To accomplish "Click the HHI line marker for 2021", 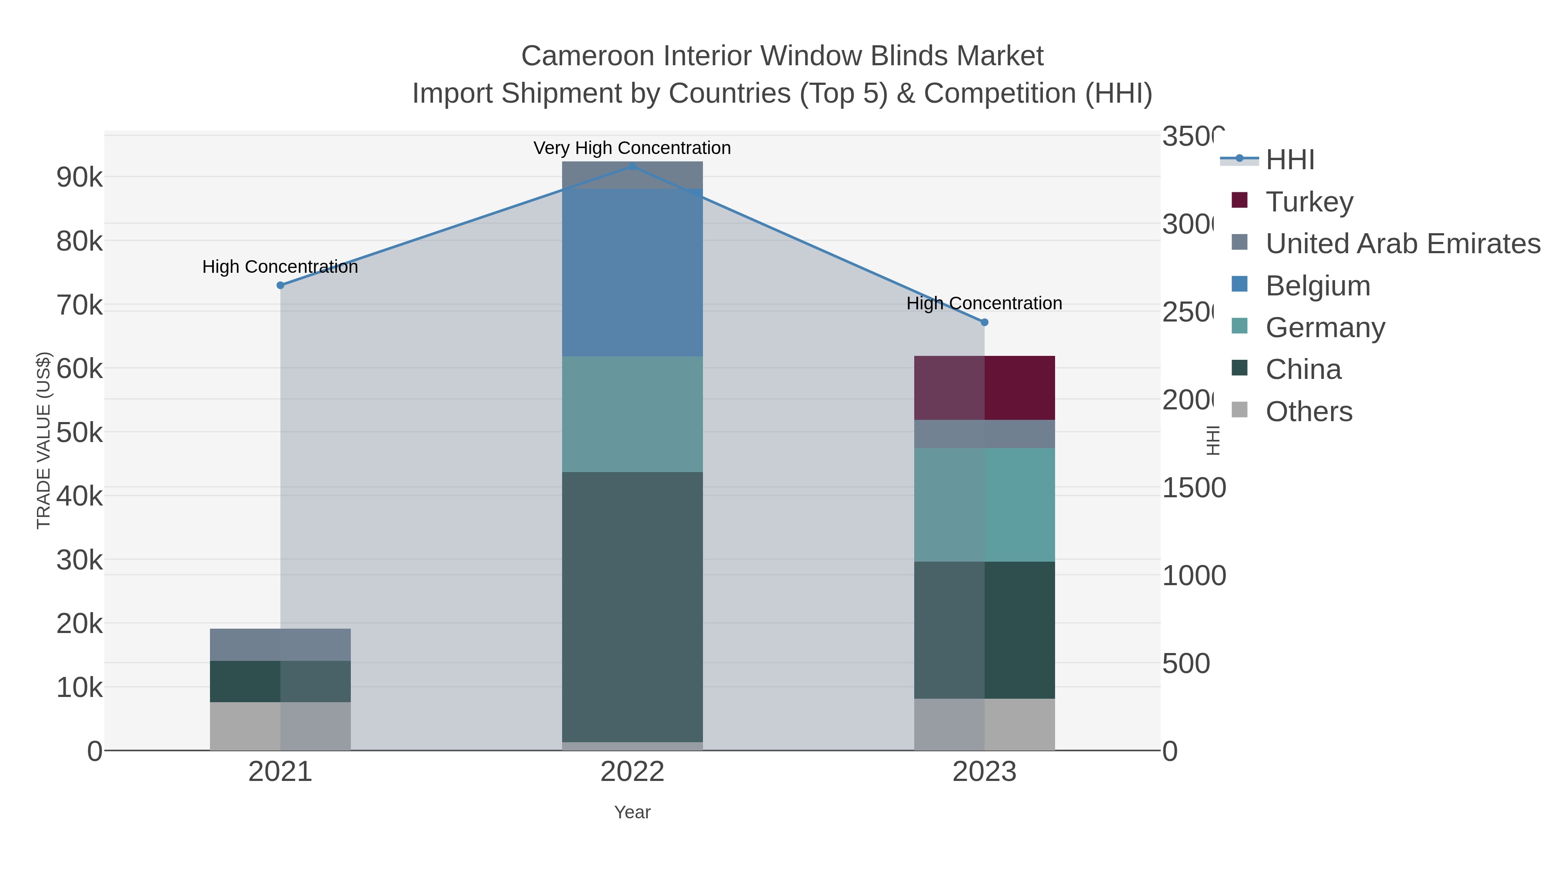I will (x=280, y=285).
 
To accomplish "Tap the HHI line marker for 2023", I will (x=984, y=322).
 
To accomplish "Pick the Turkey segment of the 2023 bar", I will (x=984, y=388).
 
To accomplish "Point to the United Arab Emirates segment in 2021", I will (x=280, y=644).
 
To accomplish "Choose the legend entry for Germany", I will (x=1325, y=327).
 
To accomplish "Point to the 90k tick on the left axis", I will (x=79, y=178).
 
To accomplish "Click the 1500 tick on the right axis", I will (x=1194, y=488).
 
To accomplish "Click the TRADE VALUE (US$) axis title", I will (x=44, y=440).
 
